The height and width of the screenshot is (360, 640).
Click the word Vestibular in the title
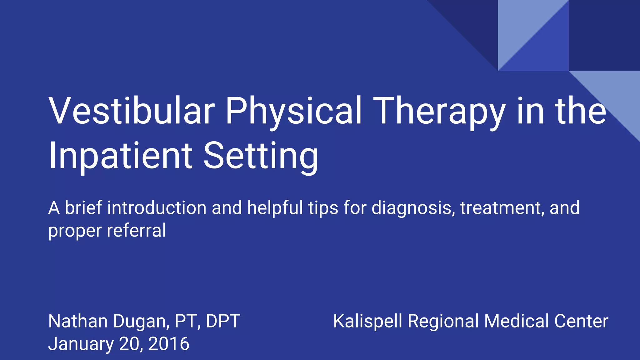click(x=132, y=111)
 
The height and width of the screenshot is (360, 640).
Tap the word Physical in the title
click(x=293, y=111)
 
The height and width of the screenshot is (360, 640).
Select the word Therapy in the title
click(x=439, y=111)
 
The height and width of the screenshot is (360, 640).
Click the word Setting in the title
click(x=261, y=156)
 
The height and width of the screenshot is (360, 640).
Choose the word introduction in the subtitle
click(x=157, y=208)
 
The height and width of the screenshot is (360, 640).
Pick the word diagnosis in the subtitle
click(x=413, y=208)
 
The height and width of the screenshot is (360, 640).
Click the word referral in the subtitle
click(x=136, y=231)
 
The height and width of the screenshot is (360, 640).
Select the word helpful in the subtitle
click(x=275, y=208)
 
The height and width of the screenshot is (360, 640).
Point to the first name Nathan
click(x=78, y=321)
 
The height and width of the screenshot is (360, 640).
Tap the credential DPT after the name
click(x=223, y=321)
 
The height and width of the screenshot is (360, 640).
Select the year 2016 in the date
click(x=169, y=344)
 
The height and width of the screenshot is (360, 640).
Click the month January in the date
click(x=81, y=344)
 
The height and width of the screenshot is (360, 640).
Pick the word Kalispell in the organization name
click(x=367, y=321)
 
